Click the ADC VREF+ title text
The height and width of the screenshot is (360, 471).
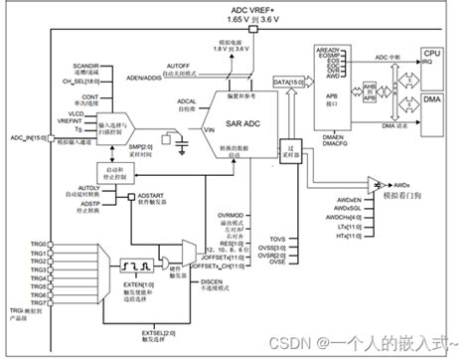click(235, 8)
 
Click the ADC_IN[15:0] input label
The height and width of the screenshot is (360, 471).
click(24, 139)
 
